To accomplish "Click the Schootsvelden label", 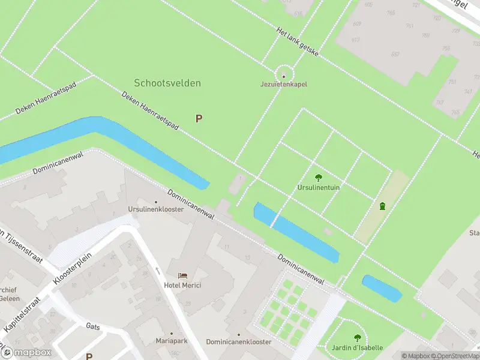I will [167, 83].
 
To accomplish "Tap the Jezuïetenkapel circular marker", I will [284, 76].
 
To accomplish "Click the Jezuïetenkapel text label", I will [284, 85].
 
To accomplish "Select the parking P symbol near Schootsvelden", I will [199, 119].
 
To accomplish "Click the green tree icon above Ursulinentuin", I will [318, 178].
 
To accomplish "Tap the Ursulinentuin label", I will [319, 187].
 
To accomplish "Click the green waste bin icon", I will [382, 206].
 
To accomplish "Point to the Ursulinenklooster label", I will [156, 209].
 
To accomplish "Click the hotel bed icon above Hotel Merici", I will [183, 275].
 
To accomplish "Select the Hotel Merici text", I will [183, 285].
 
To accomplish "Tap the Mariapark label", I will [171, 341].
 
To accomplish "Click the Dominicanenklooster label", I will [239, 341].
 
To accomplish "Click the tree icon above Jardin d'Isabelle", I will [358, 338].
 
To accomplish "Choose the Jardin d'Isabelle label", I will [358, 348].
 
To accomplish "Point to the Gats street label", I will [93, 326].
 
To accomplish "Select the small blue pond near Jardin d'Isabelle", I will [382, 288].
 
